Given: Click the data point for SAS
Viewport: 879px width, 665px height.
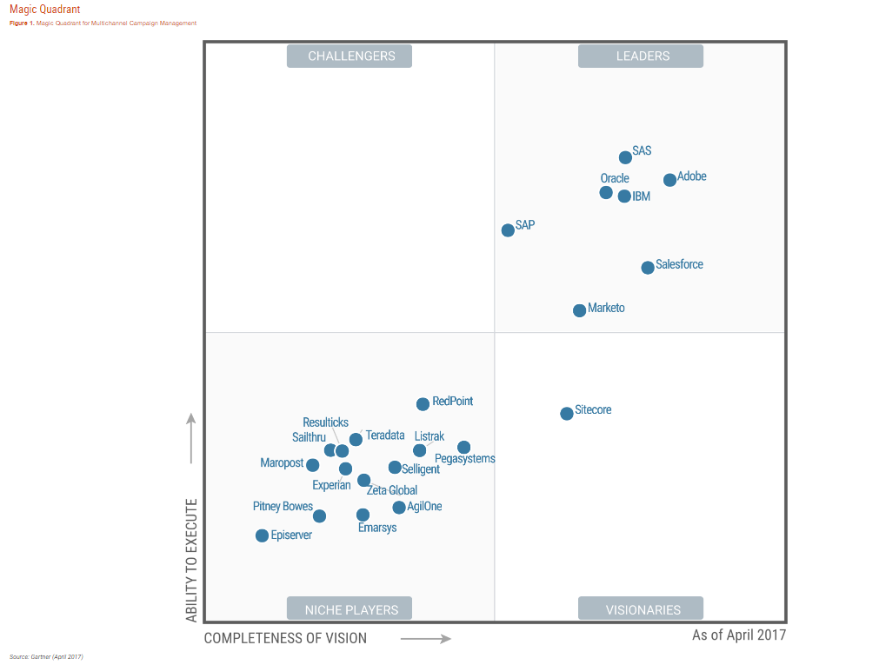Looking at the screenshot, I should [625, 157].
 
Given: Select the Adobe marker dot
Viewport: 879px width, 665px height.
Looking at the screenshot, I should [669, 180].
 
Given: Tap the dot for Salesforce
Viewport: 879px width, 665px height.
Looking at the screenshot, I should [648, 268].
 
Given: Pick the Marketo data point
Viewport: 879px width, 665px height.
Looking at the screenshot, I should [580, 310].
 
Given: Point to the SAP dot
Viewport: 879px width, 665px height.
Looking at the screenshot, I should [508, 230].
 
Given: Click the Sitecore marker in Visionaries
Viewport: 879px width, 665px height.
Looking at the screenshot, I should [567, 413].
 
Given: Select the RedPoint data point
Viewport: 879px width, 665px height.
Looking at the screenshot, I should [423, 404].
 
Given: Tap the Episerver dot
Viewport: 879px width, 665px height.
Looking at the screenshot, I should [262, 535].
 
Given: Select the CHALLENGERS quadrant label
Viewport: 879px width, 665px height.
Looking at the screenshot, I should [351, 57].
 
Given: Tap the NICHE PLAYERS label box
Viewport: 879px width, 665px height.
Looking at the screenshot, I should [351, 609].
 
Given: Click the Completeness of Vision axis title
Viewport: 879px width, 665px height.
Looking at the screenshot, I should [285, 638].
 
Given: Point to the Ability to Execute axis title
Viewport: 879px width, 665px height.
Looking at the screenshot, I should [192, 560].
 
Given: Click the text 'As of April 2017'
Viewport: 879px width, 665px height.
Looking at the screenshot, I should [738, 635].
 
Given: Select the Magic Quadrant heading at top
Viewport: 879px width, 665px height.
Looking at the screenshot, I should [45, 10].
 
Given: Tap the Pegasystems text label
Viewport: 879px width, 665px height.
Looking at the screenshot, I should [464, 459].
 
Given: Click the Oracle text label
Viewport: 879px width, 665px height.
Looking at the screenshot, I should [615, 178].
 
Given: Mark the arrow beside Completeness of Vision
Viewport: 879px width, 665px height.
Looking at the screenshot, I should [426, 639].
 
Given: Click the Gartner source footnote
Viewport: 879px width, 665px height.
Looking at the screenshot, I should [46, 656].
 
